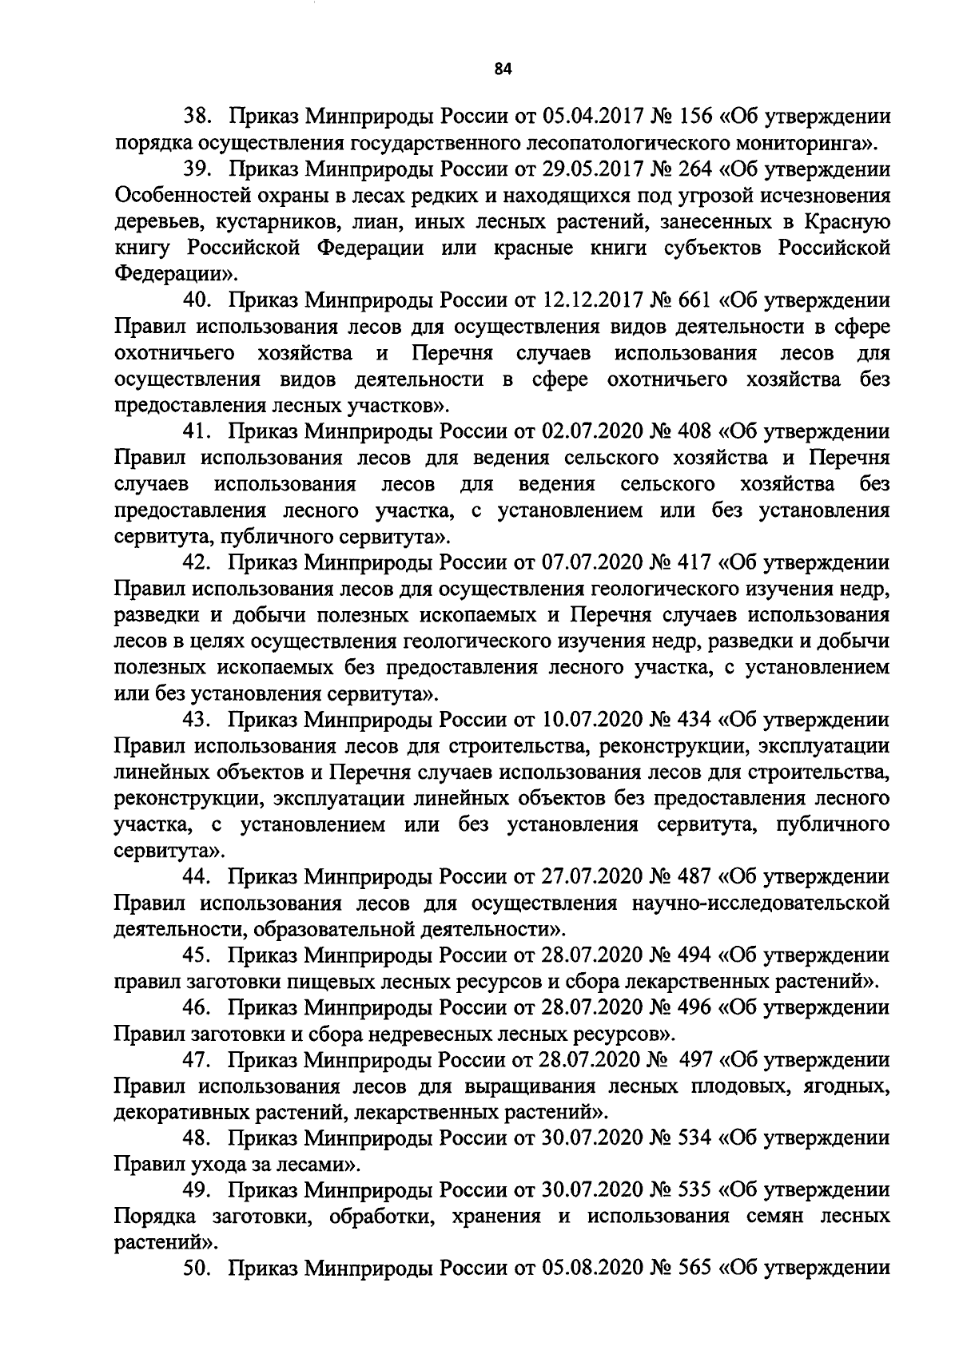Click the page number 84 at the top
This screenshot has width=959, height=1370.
click(502, 69)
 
